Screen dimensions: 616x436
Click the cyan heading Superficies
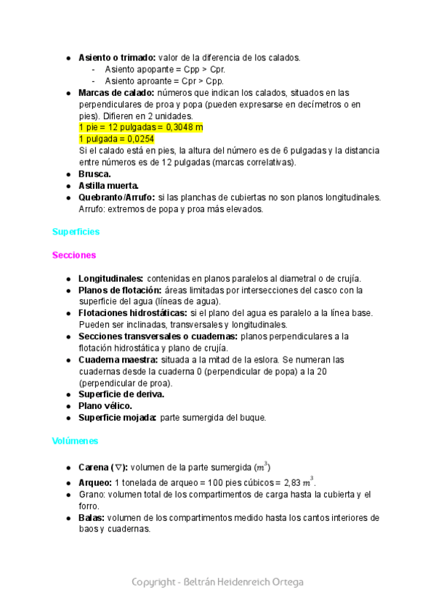click(x=76, y=232)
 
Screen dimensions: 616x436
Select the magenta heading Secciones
click(x=74, y=255)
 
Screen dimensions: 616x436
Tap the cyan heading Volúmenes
click(x=76, y=441)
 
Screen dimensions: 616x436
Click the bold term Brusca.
click(x=94, y=174)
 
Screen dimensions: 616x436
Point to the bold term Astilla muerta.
click(x=108, y=185)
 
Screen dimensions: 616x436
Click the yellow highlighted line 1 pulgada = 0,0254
click(x=116, y=139)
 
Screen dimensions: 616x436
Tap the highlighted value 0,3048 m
click(x=185, y=127)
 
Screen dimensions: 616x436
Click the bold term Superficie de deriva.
click(x=121, y=394)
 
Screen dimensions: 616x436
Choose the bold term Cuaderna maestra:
click(x=118, y=360)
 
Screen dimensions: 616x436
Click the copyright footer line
click(x=217, y=582)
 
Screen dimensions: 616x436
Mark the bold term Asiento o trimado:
click(x=116, y=57)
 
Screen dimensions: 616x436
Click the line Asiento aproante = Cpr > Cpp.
click(x=164, y=81)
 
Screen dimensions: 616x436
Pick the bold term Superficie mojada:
click(x=118, y=417)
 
